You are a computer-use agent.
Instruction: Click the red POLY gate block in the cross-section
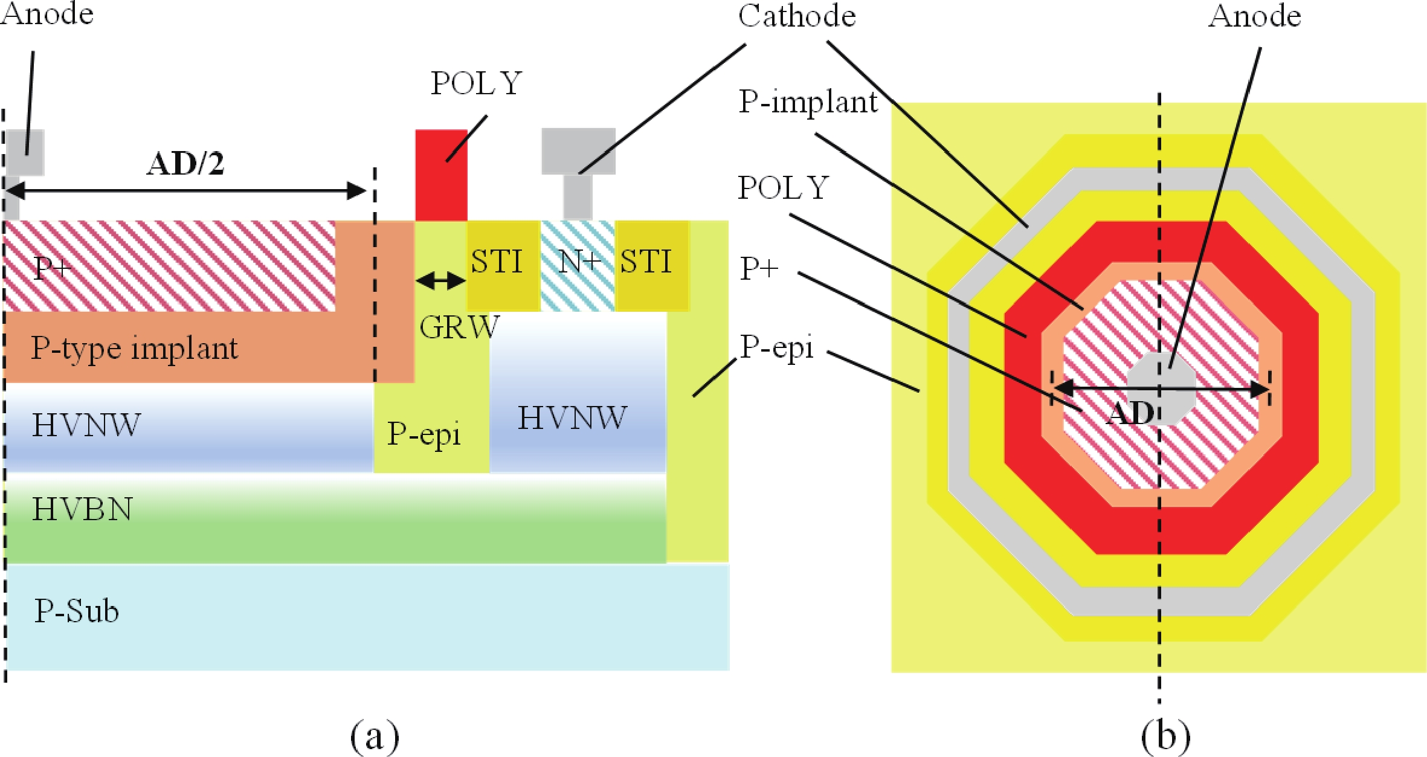click(x=441, y=175)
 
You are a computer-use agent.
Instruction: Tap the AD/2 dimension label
click(x=185, y=164)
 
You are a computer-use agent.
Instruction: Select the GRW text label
click(x=459, y=327)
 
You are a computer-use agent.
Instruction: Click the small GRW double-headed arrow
click(x=441, y=280)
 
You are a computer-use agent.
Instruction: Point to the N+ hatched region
click(x=578, y=266)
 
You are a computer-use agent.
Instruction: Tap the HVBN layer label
click(x=82, y=509)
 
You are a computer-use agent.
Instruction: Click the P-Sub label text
click(x=76, y=611)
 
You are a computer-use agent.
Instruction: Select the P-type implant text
click(x=134, y=348)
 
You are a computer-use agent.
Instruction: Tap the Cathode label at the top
click(x=797, y=16)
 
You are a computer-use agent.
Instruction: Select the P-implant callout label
click(x=807, y=101)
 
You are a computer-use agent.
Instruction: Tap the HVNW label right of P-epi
click(x=572, y=418)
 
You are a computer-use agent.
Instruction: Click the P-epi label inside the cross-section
click(x=424, y=434)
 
